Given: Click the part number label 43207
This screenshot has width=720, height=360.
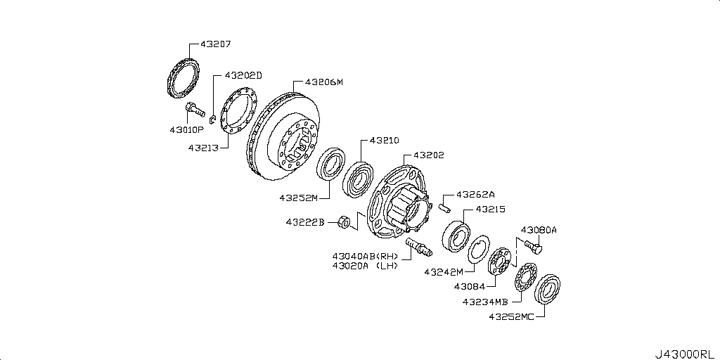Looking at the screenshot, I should [216, 44].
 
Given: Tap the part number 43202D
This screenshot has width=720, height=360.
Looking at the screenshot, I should [243, 75].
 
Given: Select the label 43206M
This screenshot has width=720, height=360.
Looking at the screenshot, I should [324, 82].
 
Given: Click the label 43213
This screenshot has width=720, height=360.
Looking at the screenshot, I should [204, 148].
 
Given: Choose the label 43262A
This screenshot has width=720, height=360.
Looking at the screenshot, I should [476, 194].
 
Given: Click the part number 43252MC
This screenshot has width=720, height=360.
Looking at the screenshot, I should [513, 317].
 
